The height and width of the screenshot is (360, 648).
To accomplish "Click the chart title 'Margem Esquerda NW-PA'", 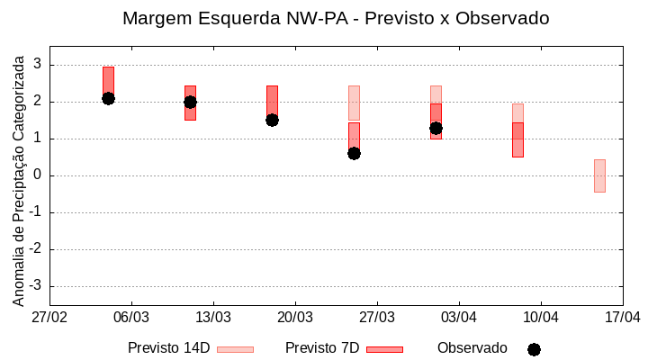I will coord(335,18).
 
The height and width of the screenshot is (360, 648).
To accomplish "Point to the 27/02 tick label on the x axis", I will coord(49,318).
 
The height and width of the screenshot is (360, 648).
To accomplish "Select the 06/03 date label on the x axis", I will coord(131,318).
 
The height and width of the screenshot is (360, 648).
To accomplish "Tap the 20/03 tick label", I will coord(295,318).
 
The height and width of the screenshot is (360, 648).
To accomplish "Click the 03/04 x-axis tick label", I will coord(459,318).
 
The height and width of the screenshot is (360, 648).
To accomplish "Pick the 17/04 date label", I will coord(622,318).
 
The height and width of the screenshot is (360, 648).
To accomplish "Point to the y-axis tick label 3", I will coord(37,64).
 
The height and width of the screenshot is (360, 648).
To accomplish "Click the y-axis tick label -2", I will coord(35,249).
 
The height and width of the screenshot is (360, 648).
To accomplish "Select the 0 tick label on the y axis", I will coord(37,175).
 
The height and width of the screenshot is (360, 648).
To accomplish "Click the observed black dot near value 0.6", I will coord(354,153).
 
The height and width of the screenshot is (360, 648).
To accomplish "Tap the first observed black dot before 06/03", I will coord(108,98).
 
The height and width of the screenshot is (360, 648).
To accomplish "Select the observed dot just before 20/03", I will coord(272,120).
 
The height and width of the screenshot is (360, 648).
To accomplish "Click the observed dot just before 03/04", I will coord(436,128).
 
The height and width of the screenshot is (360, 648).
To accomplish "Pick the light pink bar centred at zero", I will coord(599,175).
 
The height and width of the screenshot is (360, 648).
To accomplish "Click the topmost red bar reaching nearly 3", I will coord(108,76).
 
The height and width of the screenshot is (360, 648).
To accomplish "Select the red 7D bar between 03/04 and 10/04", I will coord(517,139).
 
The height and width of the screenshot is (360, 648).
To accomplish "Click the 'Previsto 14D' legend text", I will coord(168,348).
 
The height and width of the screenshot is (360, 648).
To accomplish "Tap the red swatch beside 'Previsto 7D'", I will coord(384,349).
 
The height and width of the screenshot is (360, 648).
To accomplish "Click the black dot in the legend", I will coord(534,349).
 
